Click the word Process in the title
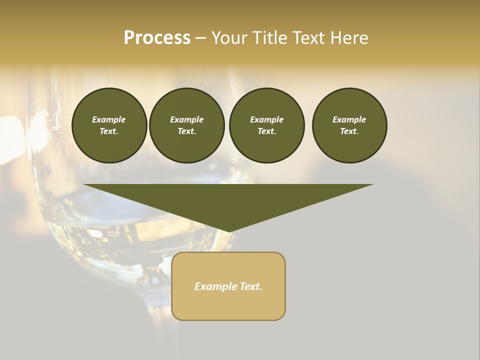coord(157,38)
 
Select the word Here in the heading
coord(349,38)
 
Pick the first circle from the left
coord(109,125)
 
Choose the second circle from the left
coord(187,125)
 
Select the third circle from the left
coord(266,125)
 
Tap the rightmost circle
coord(349,125)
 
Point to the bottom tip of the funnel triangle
coord(228,231)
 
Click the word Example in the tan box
coord(214,286)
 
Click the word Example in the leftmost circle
coord(109,119)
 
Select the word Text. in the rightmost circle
coord(349,131)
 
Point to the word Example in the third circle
coord(266,119)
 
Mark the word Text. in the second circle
coord(187,131)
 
